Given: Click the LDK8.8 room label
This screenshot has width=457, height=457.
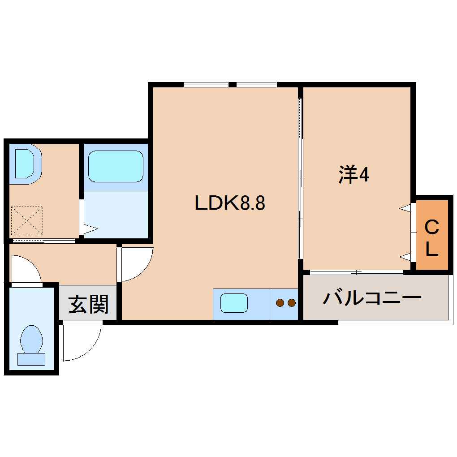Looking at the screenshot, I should [230, 203].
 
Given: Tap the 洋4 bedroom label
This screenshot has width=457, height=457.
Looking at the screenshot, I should [354, 175].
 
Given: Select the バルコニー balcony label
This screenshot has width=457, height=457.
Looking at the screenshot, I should [372, 298].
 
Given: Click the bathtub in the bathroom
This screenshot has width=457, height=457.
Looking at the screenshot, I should [116, 166].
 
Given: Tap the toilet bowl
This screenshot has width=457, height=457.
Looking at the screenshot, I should [31, 338].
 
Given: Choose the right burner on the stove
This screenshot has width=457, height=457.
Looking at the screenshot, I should [291, 303].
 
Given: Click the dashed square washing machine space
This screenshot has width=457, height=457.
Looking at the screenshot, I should [27, 220].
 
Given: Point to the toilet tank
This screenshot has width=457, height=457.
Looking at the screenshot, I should [31, 359].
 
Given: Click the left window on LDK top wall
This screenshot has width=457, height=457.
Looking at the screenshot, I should [206, 84].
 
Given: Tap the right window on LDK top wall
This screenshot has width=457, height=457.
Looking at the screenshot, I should [256, 84].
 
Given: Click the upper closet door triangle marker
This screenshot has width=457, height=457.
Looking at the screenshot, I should [405, 208].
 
